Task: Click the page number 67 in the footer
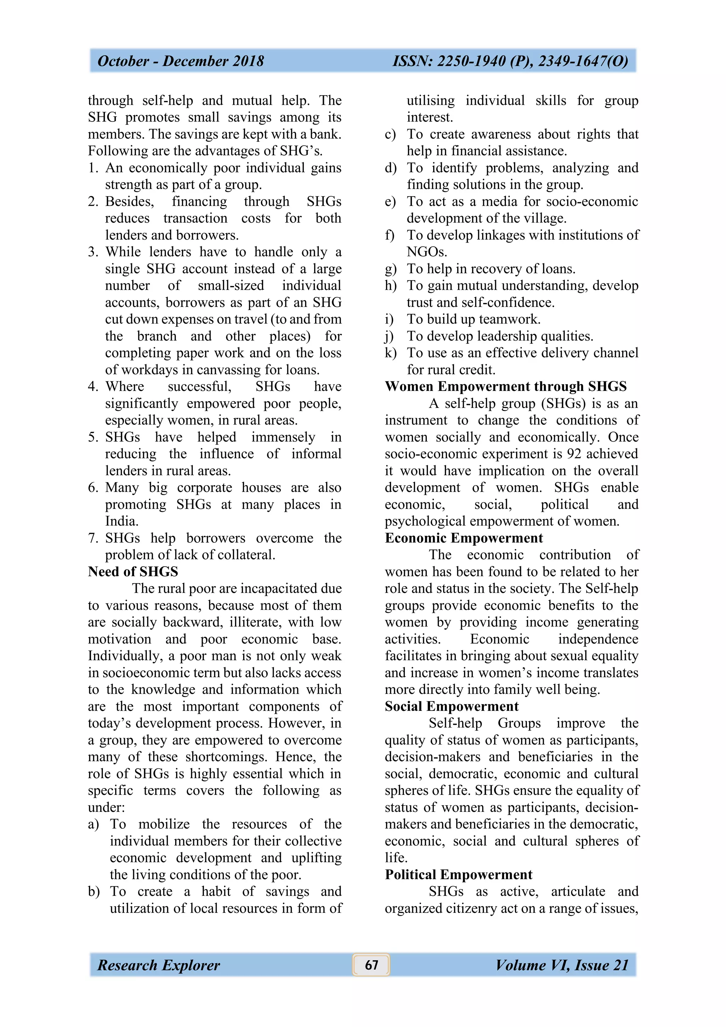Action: [x=371, y=965]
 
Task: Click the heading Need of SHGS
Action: [x=133, y=572]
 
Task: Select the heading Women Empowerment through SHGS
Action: [x=506, y=387]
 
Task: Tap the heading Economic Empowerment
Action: [x=464, y=538]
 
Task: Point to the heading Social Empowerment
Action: [x=451, y=706]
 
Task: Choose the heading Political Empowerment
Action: [x=458, y=875]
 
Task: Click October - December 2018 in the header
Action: [x=181, y=61]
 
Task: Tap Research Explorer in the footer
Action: [x=159, y=965]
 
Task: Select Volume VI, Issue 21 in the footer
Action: [x=562, y=965]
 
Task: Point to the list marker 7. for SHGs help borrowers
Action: [x=93, y=538]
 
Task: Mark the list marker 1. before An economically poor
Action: [x=93, y=168]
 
